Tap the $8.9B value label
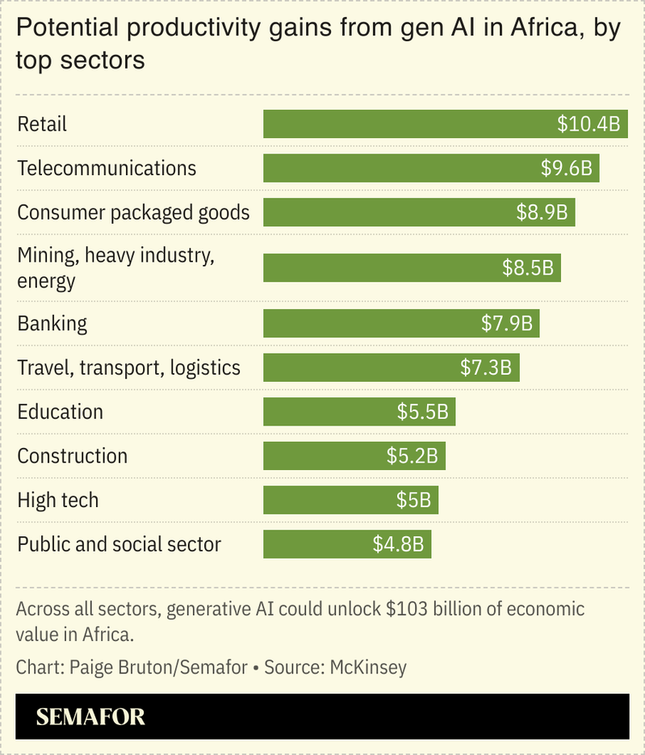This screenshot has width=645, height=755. [x=543, y=212]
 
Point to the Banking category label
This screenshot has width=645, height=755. [x=52, y=324]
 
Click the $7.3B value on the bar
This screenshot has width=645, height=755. [x=486, y=368]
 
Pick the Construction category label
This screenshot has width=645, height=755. [x=73, y=456]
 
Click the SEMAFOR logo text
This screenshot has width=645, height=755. [x=90, y=716]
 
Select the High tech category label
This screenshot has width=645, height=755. [x=58, y=501]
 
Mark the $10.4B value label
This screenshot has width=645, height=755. [x=588, y=124]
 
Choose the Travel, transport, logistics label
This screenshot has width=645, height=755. [x=129, y=368]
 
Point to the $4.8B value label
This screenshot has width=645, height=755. [x=398, y=544]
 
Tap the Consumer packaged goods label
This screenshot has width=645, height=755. [x=134, y=212]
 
